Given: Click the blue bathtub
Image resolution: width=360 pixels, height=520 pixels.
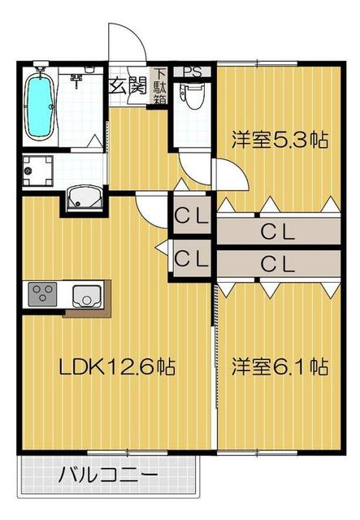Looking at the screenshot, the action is click(40, 106).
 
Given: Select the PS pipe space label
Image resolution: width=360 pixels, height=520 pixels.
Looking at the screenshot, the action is click(193, 72).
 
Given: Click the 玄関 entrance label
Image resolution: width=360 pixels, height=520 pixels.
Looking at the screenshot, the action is click(128, 87).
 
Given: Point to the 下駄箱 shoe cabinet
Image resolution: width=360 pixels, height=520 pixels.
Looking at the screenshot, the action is click(160, 86).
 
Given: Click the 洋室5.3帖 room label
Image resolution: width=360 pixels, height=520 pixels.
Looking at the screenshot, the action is click(280, 140).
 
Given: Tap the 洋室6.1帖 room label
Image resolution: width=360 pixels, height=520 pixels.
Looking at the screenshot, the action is click(280, 367).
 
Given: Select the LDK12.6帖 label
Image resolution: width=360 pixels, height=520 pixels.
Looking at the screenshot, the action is click(117, 367).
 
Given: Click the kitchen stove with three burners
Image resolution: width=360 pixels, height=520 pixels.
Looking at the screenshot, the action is click(42, 294).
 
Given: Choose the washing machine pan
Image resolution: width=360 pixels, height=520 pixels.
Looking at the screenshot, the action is click(37, 170).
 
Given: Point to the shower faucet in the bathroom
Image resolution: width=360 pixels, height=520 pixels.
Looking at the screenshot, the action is click(77, 80).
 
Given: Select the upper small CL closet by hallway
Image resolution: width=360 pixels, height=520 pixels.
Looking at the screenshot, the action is click(193, 214).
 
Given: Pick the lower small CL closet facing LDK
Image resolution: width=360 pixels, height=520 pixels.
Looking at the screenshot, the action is click(193, 258).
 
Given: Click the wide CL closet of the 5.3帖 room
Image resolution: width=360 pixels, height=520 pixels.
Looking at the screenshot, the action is click(279, 231).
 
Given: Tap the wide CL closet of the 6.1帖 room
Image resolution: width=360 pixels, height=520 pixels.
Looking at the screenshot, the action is click(279, 263).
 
